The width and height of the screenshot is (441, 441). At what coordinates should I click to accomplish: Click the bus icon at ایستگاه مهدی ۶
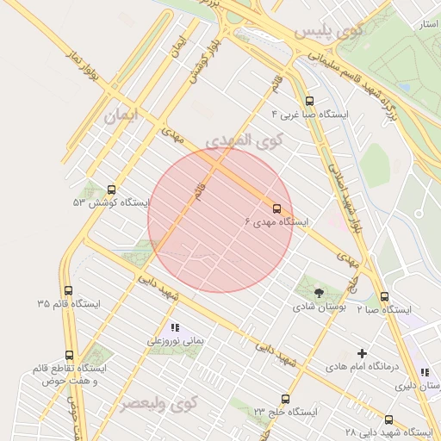(x=277, y=208)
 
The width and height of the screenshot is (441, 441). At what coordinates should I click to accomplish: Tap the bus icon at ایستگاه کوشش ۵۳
(x=111, y=189)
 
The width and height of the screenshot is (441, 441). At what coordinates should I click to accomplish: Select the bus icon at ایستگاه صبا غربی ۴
(x=310, y=101)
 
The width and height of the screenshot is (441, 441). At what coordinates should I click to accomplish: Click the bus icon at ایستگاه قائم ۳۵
(x=69, y=291)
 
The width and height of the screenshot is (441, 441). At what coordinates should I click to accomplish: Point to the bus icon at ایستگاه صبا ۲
(x=384, y=297)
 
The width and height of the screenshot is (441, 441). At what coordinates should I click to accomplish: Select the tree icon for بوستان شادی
(x=319, y=293)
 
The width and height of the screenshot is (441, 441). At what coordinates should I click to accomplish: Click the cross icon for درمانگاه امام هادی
(x=362, y=353)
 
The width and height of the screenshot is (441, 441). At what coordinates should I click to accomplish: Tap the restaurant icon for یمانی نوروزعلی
(x=176, y=327)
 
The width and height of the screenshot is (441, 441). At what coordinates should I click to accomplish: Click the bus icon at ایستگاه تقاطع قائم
(x=69, y=355)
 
